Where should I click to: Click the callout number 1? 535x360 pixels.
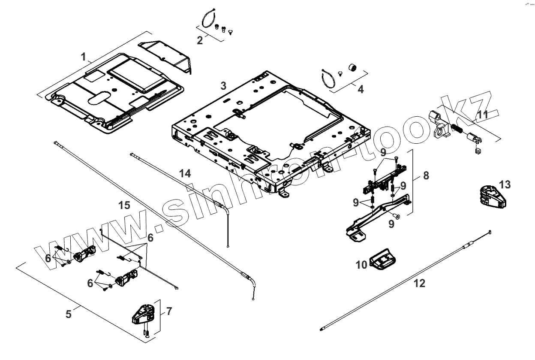(x=84, y=56)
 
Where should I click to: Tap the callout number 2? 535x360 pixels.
(x=200, y=40)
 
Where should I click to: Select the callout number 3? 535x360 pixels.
(x=223, y=85)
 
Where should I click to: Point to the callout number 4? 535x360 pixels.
(x=361, y=89)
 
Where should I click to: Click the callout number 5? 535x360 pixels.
(x=69, y=314)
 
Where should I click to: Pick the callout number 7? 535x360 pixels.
(x=169, y=312)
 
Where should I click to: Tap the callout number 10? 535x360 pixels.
(x=361, y=265)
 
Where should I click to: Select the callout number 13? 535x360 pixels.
(x=505, y=185)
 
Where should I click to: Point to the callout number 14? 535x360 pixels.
(x=185, y=173)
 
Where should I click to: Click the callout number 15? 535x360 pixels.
(x=124, y=205)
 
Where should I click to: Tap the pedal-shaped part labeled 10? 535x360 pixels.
(x=382, y=260)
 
